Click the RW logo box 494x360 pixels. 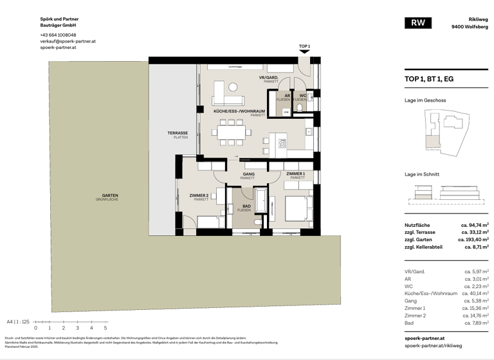tap(418, 23)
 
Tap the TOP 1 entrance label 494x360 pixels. tap(304, 46)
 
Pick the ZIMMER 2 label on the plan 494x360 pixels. tap(199, 197)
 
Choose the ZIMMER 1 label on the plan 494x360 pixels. tap(296, 175)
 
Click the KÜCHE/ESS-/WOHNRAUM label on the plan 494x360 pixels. tap(240, 113)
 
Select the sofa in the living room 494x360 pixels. tap(228, 100)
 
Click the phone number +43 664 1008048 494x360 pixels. tap(58, 35)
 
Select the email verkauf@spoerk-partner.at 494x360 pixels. tap(68, 41)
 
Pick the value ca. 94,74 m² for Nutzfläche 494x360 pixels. tap(475, 225)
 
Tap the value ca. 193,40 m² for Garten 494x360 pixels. tap(473, 239)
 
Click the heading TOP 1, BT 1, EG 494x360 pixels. tap(428, 79)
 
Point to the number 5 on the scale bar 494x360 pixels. tap(105, 328)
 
